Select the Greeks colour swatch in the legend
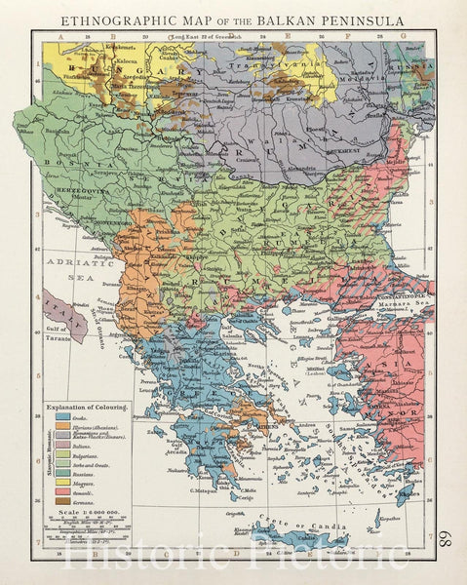pyautogui.click(x=63, y=415)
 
